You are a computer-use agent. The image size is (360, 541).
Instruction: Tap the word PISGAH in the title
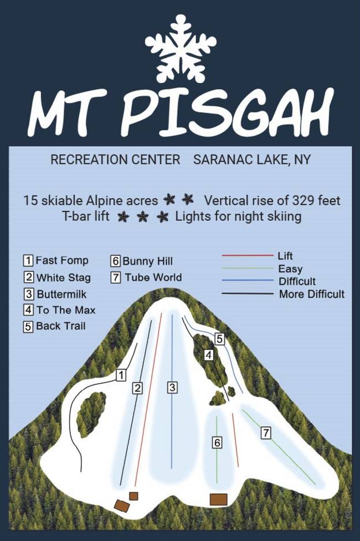click(228, 113)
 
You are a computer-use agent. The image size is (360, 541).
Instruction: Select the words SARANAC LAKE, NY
click(252, 159)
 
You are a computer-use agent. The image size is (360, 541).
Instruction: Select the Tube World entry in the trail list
click(153, 277)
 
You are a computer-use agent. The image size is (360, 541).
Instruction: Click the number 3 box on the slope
click(172, 388)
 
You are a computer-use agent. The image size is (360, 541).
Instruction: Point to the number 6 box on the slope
click(217, 442)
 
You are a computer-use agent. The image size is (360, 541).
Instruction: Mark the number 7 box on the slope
click(266, 433)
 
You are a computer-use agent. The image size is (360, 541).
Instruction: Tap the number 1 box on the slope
click(120, 375)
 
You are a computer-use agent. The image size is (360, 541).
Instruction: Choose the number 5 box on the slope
click(219, 338)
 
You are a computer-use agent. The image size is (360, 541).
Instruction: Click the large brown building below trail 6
click(219, 499)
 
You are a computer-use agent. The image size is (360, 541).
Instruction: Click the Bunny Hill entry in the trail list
click(148, 261)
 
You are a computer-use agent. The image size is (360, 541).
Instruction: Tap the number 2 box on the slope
click(138, 388)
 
